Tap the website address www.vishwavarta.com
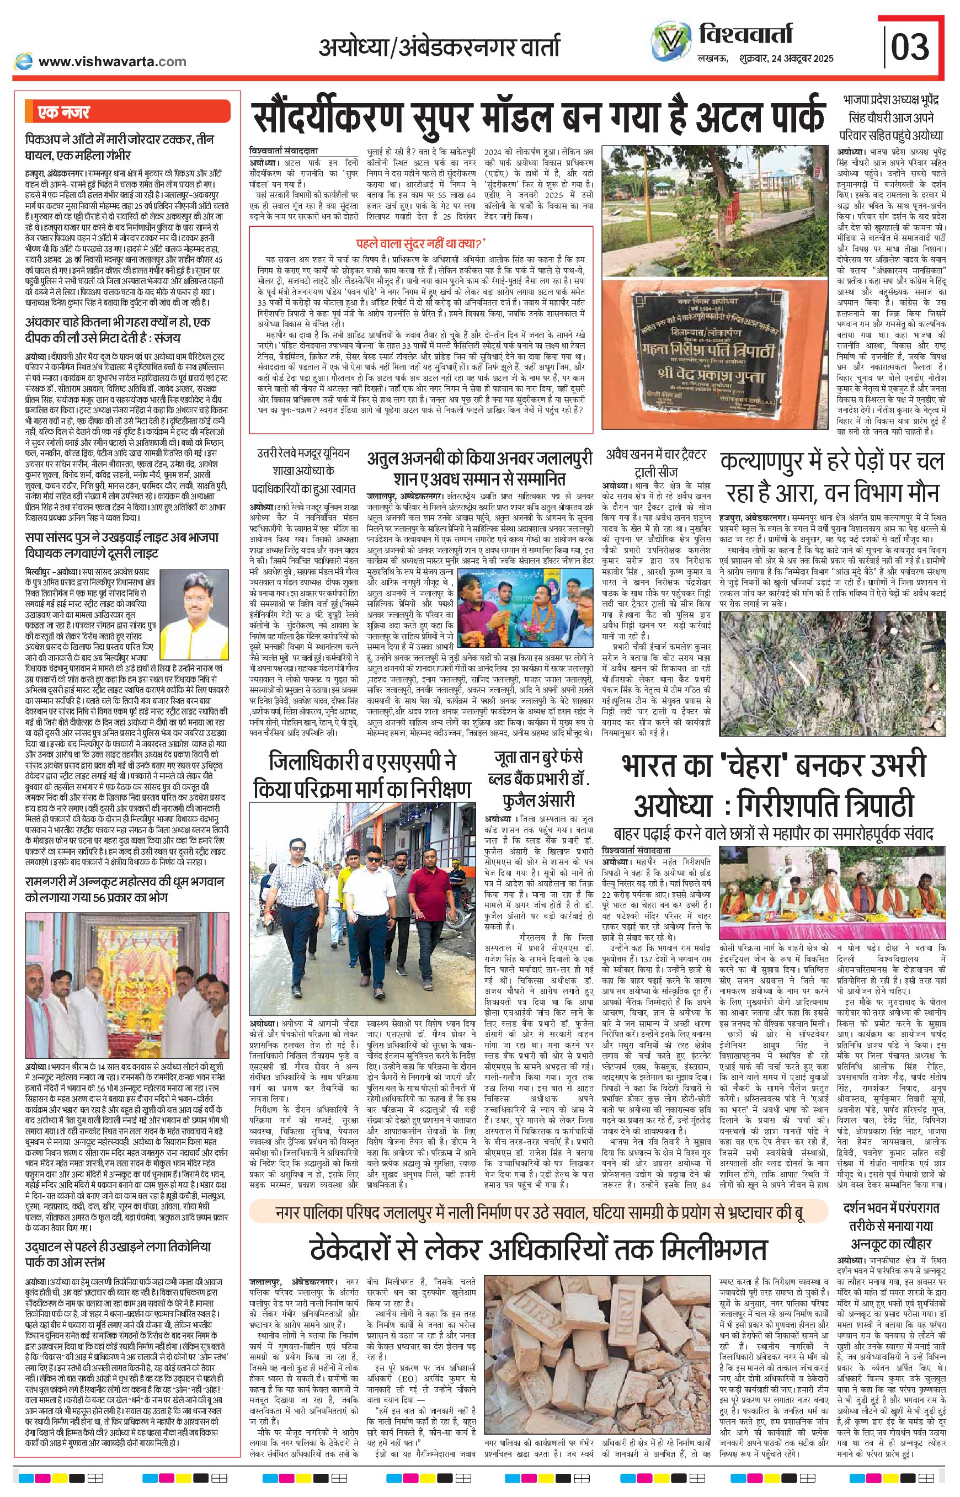click(x=112, y=61)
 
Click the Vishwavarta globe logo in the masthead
click(x=671, y=41)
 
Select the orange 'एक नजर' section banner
click(x=128, y=112)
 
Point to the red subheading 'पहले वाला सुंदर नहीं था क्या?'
click(x=421, y=243)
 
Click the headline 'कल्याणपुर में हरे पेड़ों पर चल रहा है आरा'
click(x=831, y=477)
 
